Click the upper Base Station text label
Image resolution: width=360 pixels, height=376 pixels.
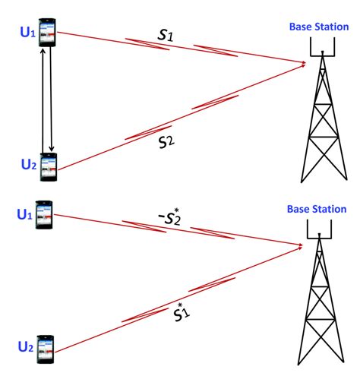click(x=317, y=27)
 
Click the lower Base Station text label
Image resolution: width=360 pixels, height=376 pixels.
click(x=317, y=209)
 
